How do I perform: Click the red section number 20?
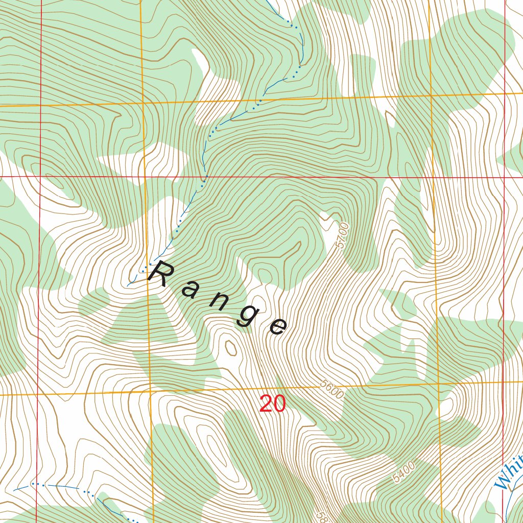(272, 404)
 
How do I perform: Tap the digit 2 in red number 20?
(266, 404)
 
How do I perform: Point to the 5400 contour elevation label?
(404, 471)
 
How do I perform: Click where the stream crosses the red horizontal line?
(206, 178)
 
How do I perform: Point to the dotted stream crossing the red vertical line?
(37, 483)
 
